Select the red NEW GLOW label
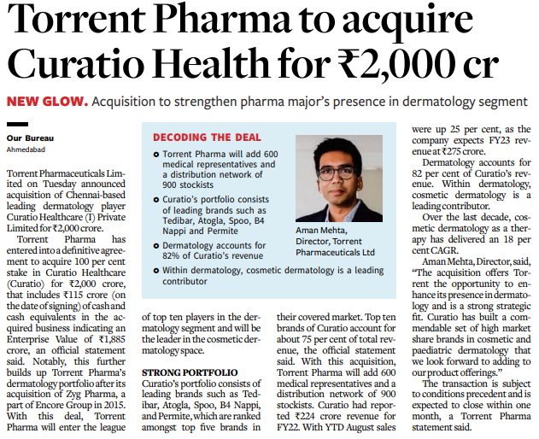(46, 102)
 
